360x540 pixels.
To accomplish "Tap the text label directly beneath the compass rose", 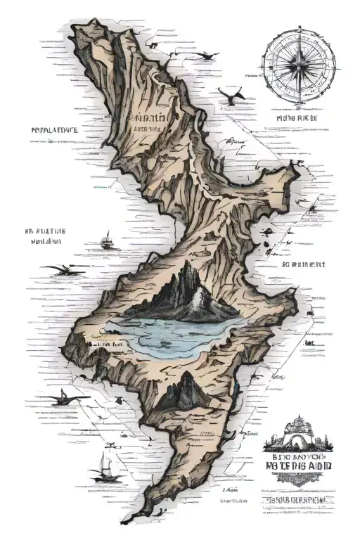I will pos(297,120).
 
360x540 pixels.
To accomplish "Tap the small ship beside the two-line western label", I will pos(108,243).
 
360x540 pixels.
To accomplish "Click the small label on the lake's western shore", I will pos(110,345).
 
